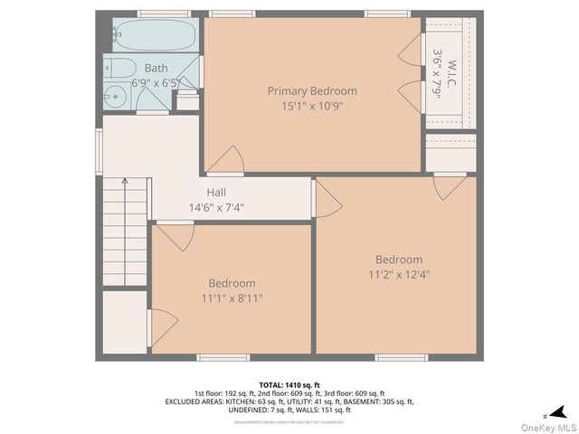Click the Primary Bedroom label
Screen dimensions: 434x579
[x=311, y=90]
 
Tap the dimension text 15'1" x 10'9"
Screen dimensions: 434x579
[x=311, y=106]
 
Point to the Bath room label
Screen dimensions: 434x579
[x=156, y=68]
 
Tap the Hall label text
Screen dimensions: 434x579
[x=216, y=193]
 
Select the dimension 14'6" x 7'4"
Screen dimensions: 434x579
[x=216, y=207]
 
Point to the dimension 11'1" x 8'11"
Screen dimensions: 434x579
[x=232, y=297]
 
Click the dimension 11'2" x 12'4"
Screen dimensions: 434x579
[x=399, y=274]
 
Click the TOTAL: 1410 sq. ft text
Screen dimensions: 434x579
[x=289, y=384]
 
